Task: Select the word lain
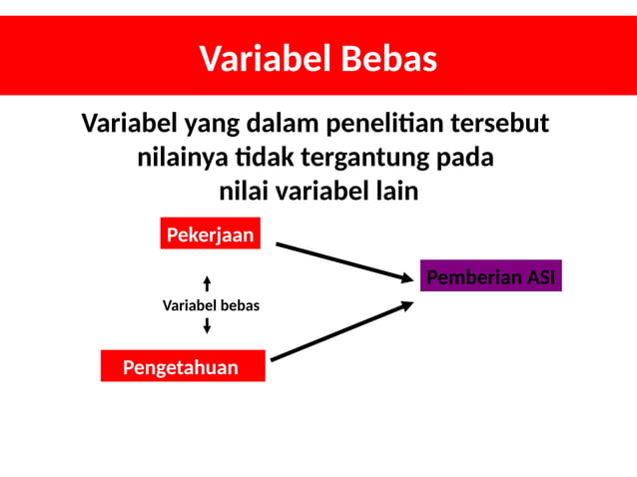(393, 191)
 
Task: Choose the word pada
(466, 158)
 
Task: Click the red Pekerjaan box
(210, 235)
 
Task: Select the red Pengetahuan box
(182, 367)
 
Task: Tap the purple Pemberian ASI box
(490, 276)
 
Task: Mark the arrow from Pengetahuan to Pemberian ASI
(342, 330)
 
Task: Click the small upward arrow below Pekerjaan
(207, 283)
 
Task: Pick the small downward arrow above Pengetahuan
(207, 325)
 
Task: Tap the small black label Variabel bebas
(211, 305)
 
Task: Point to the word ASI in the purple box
(540, 276)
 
